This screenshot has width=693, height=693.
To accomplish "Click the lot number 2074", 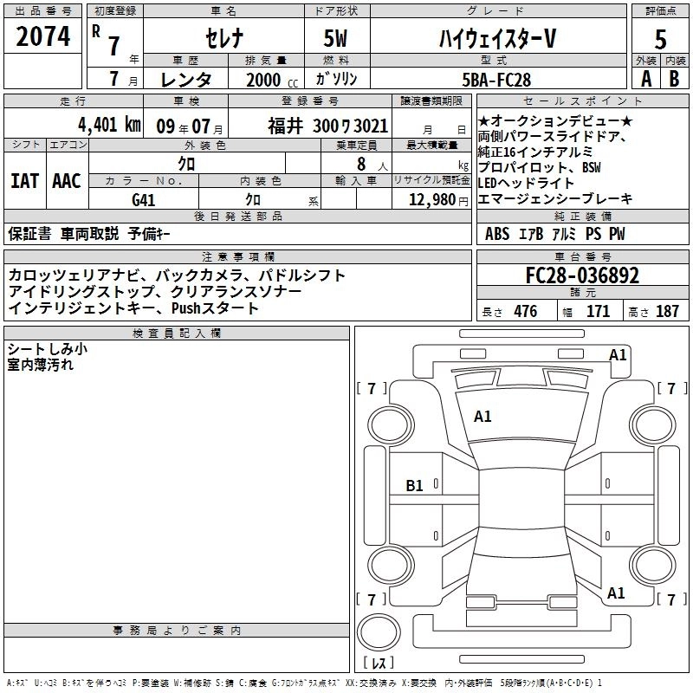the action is [x=44, y=37].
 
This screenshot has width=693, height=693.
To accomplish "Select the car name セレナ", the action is [x=223, y=38].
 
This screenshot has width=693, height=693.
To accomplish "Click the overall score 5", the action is [x=660, y=38].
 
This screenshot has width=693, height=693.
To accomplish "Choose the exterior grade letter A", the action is [x=645, y=78].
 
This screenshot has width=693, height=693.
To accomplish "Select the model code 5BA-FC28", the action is [x=496, y=79].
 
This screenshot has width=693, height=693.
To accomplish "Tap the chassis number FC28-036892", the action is [x=582, y=275].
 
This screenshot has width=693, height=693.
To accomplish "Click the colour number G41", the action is [x=143, y=198].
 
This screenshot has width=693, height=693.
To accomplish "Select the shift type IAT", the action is [x=24, y=181].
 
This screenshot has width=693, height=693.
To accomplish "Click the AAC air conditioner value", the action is [x=67, y=181].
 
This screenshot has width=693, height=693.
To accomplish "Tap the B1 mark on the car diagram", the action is [x=415, y=486].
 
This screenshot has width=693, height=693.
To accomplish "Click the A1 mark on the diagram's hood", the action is [x=483, y=417].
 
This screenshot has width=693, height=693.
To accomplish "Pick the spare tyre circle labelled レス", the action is [x=379, y=638].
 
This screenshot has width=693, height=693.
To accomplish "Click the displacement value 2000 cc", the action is [x=265, y=79].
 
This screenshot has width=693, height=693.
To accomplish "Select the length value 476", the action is [x=525, y=312].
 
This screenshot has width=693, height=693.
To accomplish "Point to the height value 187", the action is [x=668, y=312].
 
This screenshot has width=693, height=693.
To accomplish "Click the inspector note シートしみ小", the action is [x=48, y=348].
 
